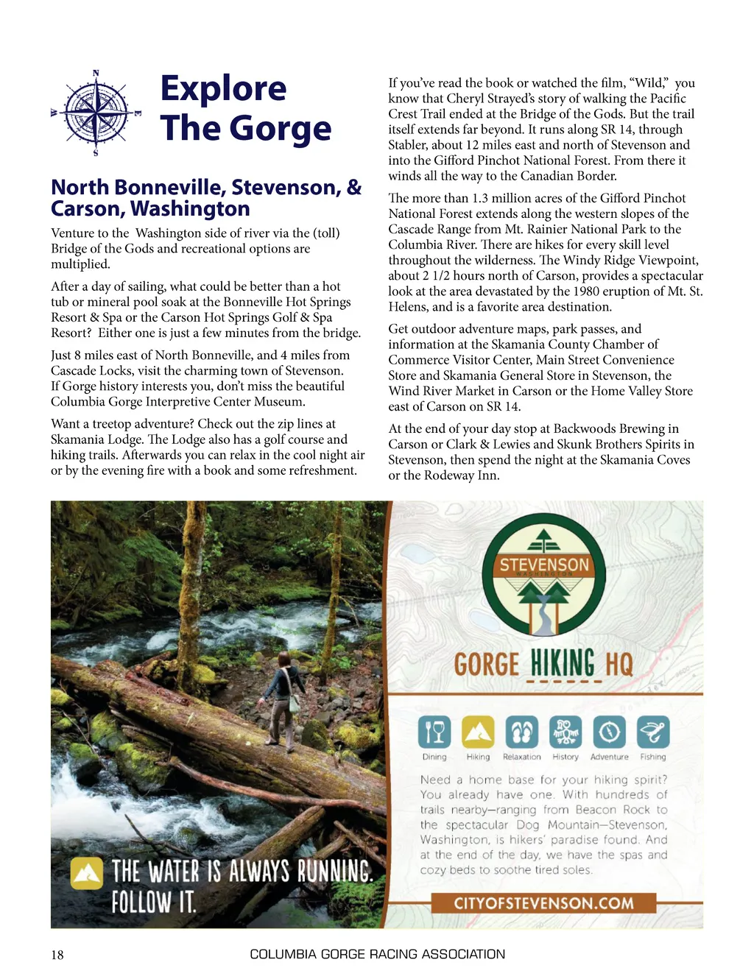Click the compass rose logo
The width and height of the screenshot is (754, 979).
click(96, 113)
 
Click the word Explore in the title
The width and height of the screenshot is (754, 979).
click(223, 88)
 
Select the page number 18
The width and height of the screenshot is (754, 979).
click(57, 955)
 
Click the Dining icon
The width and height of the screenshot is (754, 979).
click(434, 732)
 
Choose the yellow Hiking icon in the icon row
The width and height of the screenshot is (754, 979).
click(478, 732)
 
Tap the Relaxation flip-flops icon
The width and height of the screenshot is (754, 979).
click(521, 732)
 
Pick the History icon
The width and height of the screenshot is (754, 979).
click(565, 732)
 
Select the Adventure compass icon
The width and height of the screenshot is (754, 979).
click(609, 732)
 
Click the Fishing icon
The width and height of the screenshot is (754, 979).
click(652, 732)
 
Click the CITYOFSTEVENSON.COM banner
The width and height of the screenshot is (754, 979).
click(543, 903)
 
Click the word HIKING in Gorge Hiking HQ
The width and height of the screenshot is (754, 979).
click(562, 663)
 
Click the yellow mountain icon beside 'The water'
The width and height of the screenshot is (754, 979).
click(87, 874)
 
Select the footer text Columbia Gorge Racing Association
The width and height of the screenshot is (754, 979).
click(377, 955)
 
